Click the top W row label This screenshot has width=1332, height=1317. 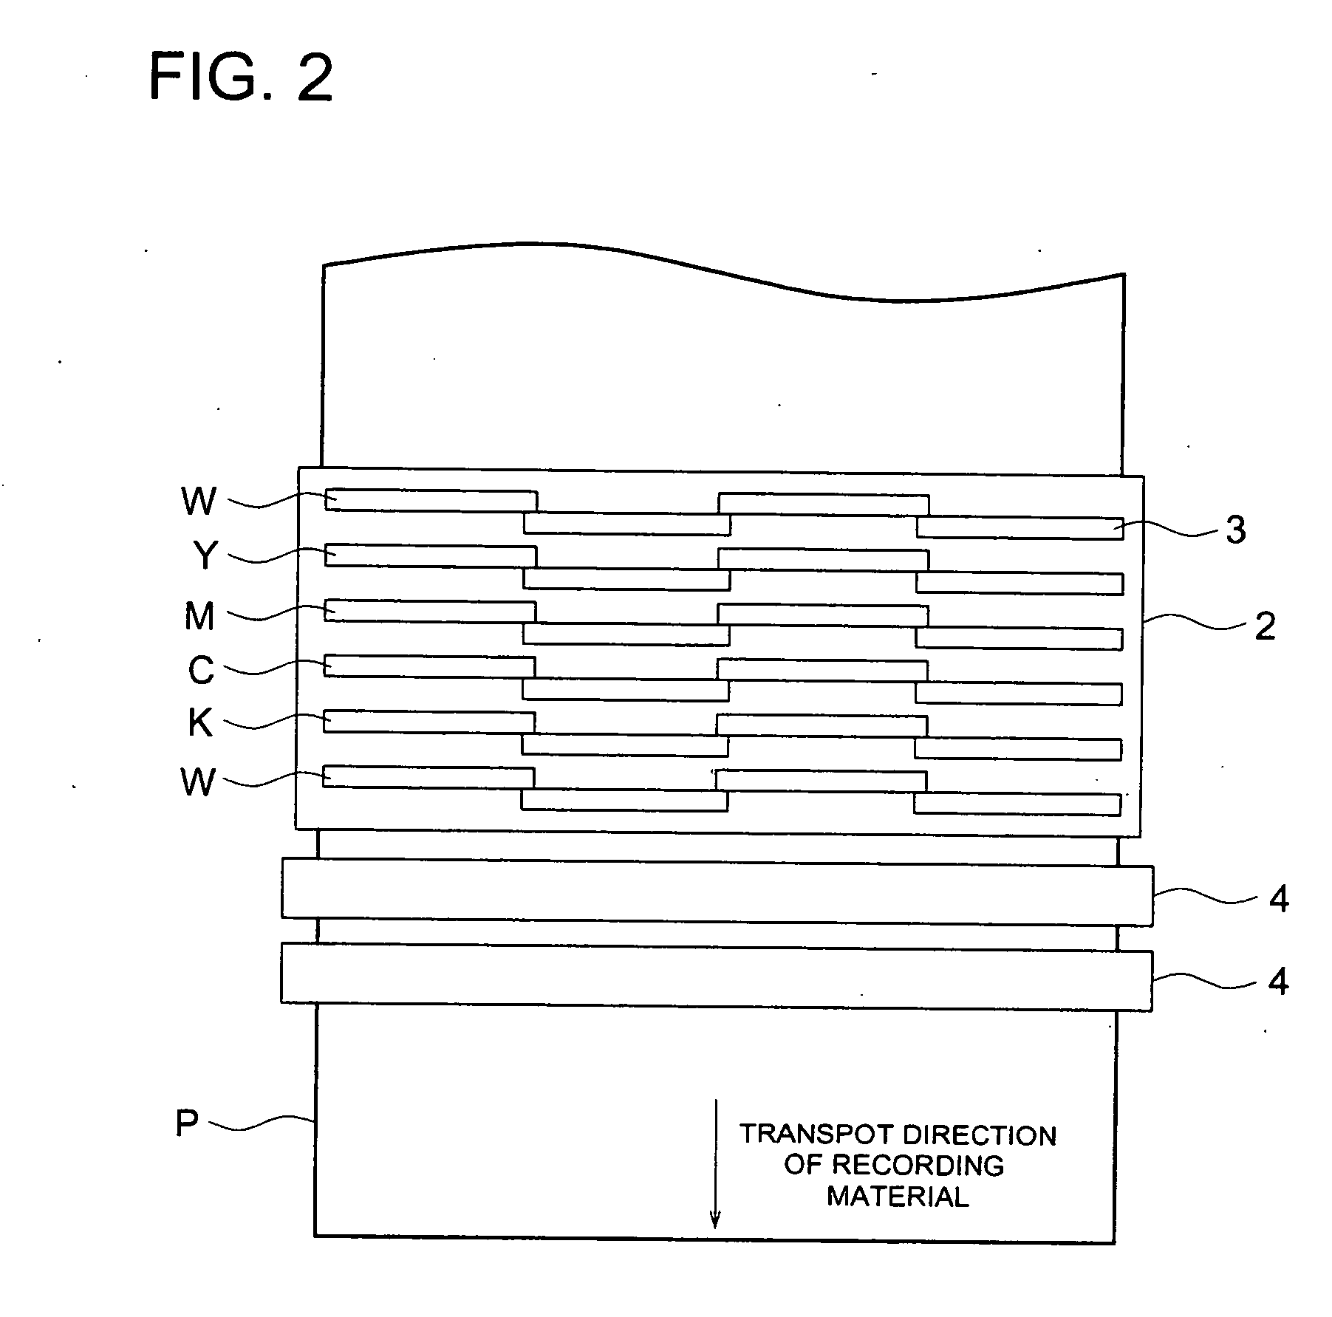tap(199, 502)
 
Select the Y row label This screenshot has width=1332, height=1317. tap(199, 556)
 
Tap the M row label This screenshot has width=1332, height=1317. tap(199, 616)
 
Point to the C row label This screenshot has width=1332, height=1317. tap(200, 671)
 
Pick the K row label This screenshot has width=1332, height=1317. tap(200, 723)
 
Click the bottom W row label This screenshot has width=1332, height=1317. tap(198, 782)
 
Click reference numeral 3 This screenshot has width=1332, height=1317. tap(1235, 530)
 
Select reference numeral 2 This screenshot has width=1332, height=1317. tap(1264, 627)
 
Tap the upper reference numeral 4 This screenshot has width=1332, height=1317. tap(1278, 900)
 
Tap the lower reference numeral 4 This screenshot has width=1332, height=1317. tap(1278, 982)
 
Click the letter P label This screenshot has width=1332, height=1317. tap(187, 1123)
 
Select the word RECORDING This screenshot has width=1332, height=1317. tap(918, 1166)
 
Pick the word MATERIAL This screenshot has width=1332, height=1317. tap(897, 1197)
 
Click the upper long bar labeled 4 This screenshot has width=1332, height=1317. tap(717, 892)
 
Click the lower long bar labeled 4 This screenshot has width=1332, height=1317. tap(716, 976)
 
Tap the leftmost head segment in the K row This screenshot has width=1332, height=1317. tap(428, 722)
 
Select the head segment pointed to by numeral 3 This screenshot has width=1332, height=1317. tap(1020, 527)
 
